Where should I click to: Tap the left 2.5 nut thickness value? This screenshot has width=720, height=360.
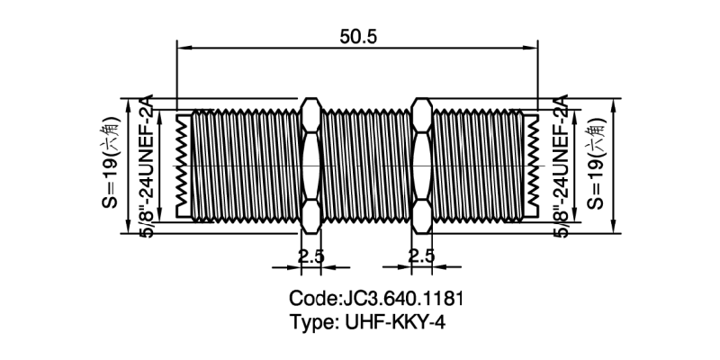[310, 256]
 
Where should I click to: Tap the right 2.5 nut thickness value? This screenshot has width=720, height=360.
[421, 256]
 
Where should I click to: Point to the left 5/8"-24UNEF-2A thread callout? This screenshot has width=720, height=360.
[149, 166]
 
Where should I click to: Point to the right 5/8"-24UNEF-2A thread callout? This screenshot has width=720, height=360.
[560, 166]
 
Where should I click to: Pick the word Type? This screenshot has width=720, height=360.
[310, 322]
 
